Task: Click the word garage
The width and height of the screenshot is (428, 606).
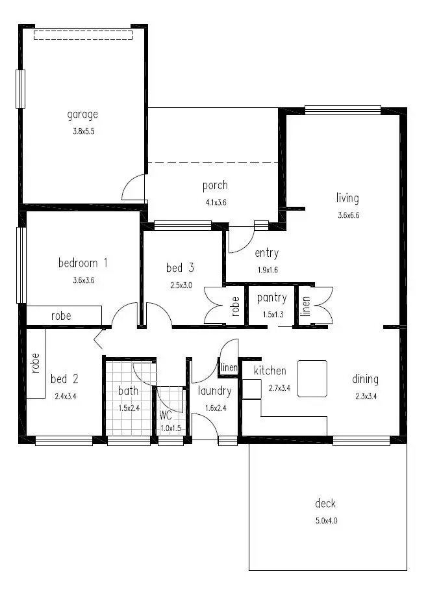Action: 82,115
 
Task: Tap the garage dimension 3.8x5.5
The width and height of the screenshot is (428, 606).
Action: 82,131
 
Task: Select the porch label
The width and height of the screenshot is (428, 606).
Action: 214,186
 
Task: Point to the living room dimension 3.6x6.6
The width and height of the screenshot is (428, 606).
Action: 348,215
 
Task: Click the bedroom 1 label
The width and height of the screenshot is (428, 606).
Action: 82,263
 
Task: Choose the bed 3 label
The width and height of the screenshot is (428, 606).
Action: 180,267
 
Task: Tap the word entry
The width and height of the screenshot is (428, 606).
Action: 266,254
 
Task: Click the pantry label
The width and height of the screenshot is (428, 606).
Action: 271,298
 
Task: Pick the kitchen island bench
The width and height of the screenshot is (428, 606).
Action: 312,378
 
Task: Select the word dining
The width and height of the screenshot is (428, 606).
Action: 365,379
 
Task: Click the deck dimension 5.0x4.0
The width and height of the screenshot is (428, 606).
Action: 325,520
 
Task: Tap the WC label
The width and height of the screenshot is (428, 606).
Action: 166,414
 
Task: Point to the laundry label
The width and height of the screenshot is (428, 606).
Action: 214,391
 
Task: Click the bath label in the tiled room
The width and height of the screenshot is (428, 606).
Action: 128,391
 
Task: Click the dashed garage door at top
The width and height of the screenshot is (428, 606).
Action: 82,34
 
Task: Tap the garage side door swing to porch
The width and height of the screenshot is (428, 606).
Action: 133,188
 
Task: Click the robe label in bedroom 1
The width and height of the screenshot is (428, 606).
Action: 61,316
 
